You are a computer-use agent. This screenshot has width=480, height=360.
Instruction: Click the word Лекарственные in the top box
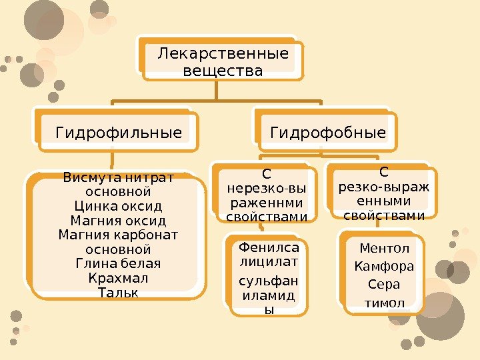(x=223, y=53)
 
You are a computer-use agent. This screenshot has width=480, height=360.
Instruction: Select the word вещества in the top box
(x=222, y=70)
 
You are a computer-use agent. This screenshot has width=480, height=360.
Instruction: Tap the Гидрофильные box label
(x=119, y=133)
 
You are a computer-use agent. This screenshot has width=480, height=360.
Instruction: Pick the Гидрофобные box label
(x=328, y=133)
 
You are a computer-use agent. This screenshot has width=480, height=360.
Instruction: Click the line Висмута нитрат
(x=118, y=178)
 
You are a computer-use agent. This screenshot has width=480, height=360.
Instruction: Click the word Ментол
(x=385, y=249)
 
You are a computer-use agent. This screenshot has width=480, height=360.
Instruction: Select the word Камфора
(x=385, y=267)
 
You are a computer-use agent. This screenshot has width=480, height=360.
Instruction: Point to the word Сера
(x=385, y=285)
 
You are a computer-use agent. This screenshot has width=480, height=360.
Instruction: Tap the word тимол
(x=385, y=303)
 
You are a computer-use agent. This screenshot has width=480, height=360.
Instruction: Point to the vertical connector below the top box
(x=217, y=90)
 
